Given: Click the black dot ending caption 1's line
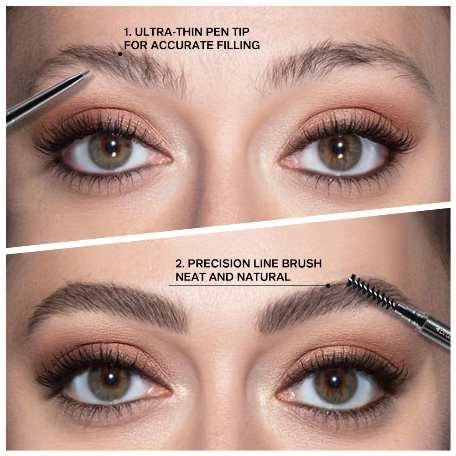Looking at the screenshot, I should [x=120, y=54].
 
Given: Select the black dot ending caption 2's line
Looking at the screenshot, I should [x=328, y=286].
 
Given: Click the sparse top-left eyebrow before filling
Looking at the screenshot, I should [x=123, y=66].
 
